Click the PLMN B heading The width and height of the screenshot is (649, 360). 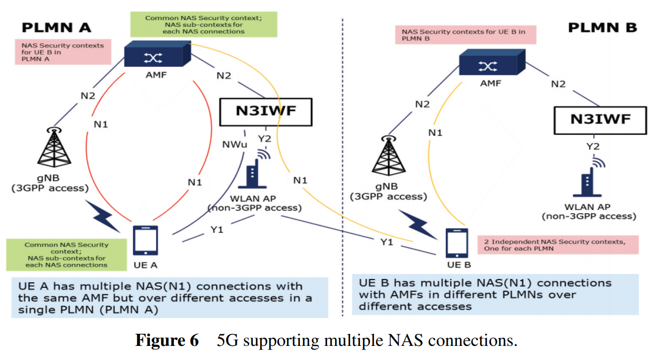pyautogui.click(x=602, y=27)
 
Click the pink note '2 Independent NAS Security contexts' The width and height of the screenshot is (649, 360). pyautogui.click(x=558, y=245)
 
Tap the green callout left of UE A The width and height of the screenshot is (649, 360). pyautogui.click(x=66, y=254)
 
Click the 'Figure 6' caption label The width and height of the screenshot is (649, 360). pyautogui.click(x=167, y=341)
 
